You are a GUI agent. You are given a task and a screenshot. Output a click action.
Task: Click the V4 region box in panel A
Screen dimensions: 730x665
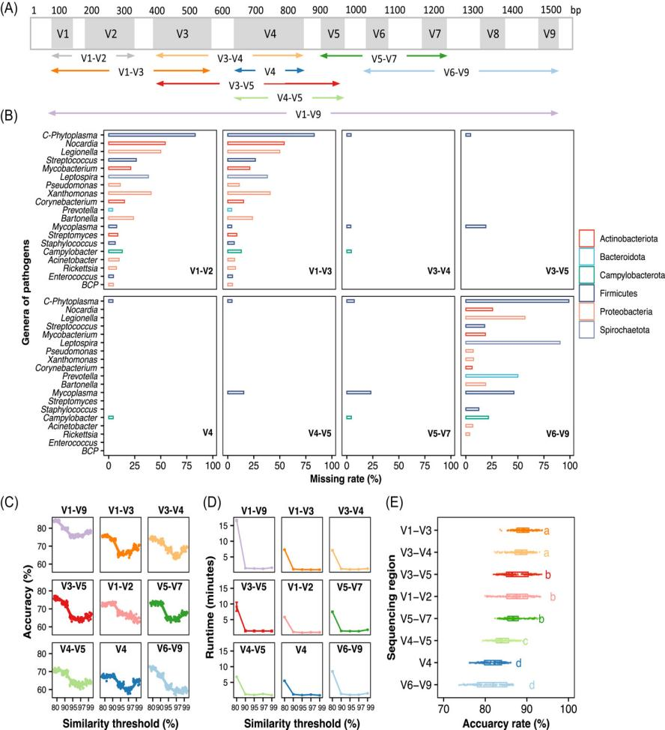[269, 34]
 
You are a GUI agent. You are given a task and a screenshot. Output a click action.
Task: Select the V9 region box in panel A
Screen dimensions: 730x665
[548, 34]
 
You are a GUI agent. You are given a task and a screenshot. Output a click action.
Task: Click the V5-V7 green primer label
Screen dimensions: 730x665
[383, 56]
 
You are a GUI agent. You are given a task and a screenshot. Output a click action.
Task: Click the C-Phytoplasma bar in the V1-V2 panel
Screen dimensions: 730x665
[151, 135]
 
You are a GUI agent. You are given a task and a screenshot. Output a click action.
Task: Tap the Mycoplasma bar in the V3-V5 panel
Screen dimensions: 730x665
[476, 226]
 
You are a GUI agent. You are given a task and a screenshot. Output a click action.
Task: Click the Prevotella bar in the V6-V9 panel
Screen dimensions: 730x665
[491, 375]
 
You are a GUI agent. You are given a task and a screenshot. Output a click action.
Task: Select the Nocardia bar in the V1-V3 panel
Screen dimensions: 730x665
[255, 143]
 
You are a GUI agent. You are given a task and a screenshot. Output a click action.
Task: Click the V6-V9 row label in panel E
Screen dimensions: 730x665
[419, 684]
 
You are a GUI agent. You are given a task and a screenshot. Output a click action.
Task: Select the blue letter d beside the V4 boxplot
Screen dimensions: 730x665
[518, 663]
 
